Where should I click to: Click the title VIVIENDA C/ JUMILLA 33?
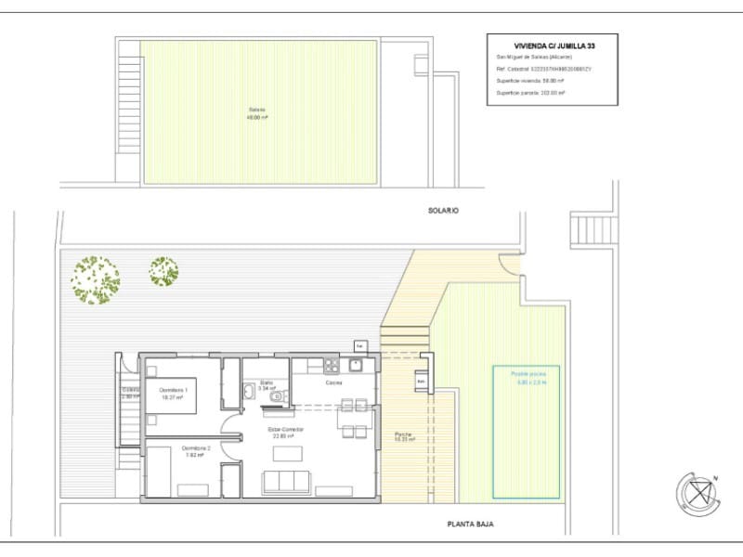[552, 45]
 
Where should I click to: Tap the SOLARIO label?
[443, 211]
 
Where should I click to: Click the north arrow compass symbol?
[698, 493]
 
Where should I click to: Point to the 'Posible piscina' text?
[526, 373]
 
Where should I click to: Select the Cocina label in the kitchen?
[334, 382]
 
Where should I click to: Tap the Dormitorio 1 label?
[174, 389]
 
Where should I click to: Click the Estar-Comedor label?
[287, 430]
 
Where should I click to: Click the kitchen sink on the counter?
[355, 365]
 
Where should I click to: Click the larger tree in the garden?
[96, 278]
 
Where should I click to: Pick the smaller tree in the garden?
[163, 271]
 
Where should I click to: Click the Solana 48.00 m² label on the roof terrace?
[257, 114]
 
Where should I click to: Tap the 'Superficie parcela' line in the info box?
[531, 94]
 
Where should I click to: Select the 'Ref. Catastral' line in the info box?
[544, 69]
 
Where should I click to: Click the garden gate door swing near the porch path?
[510, 265]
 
